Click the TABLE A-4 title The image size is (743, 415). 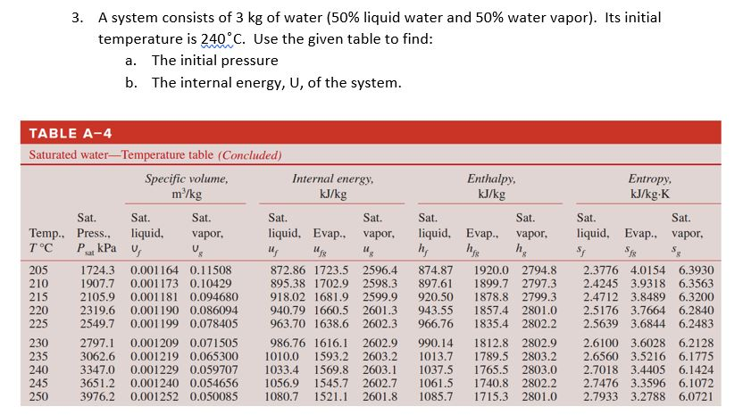71,133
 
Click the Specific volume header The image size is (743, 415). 186,178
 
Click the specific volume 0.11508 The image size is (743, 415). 212,270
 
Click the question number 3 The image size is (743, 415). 78,18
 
